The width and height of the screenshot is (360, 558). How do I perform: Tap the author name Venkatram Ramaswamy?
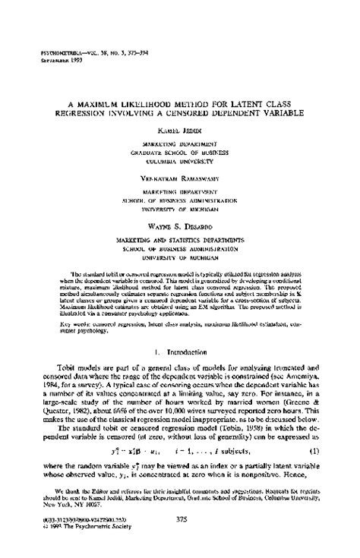181,174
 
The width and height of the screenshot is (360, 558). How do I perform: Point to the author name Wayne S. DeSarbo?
181,216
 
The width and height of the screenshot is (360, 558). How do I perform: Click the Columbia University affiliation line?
181,160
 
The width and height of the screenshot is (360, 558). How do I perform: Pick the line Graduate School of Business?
181,153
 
